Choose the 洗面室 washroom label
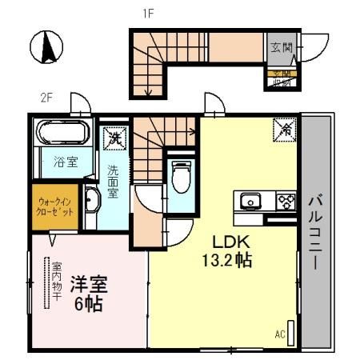113,182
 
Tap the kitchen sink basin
250,200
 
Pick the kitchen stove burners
286,200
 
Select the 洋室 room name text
89,283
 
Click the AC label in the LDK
280,334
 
